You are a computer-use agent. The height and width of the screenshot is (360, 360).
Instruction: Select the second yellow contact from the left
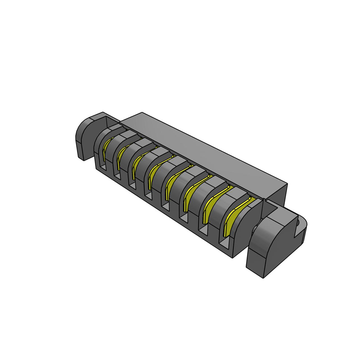pos(121,155)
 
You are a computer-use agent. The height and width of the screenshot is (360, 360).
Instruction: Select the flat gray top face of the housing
pos(202,148)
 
